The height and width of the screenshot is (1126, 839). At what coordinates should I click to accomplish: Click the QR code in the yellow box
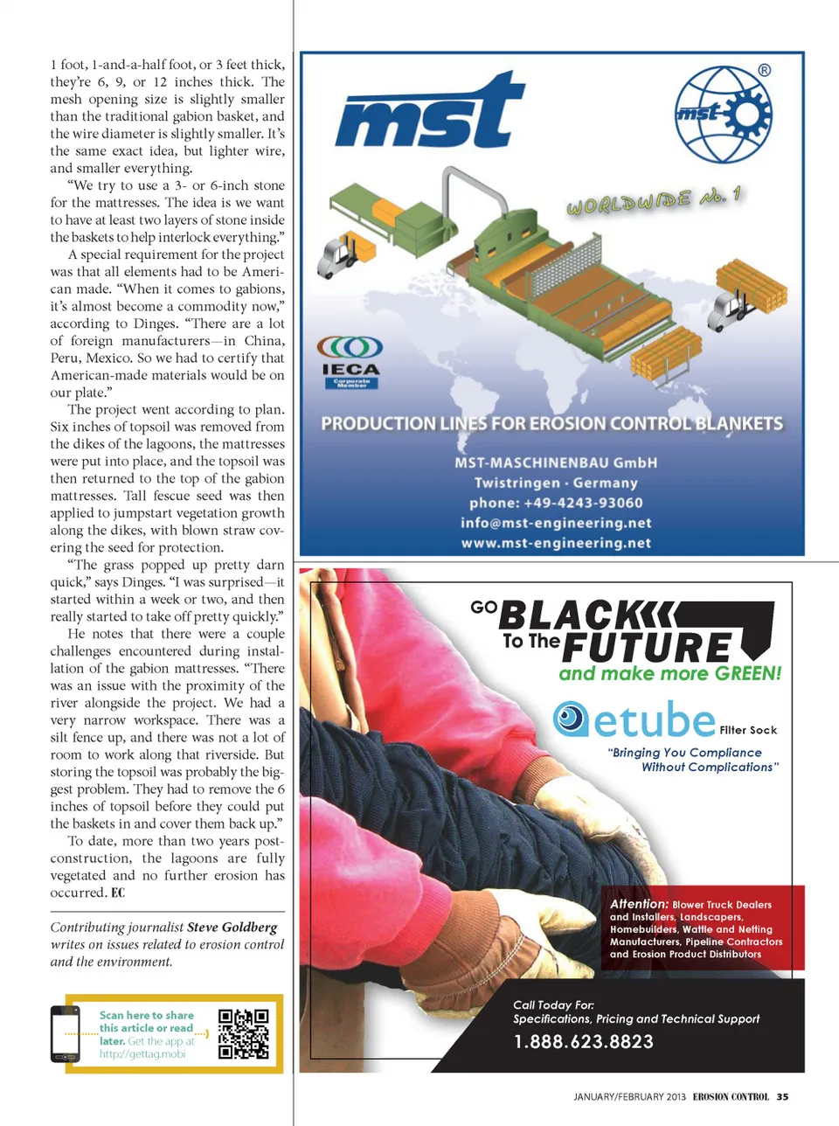243,1033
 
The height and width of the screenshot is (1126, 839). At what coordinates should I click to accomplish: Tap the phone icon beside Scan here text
66,1033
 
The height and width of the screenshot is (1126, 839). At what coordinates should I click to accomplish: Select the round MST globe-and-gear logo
723,114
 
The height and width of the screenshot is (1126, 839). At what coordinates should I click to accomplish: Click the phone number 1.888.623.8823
583,1041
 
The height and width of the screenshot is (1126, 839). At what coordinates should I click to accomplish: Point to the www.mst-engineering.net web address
556,543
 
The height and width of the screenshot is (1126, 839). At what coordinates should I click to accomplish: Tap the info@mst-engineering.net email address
556,523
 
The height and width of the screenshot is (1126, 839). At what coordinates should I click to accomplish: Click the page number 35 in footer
782,1096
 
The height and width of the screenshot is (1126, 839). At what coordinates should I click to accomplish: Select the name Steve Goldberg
232,927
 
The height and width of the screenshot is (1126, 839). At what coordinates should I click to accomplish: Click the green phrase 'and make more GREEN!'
670,673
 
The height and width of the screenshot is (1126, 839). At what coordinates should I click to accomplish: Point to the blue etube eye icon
571,719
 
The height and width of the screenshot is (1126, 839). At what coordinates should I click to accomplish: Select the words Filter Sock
748,730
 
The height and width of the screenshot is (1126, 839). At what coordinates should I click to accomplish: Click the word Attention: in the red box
639,904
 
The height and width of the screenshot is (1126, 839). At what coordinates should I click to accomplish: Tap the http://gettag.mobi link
142,1054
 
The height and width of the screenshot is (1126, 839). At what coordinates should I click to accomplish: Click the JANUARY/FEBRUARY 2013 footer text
629,1096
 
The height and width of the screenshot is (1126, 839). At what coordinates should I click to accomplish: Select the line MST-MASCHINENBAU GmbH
556,462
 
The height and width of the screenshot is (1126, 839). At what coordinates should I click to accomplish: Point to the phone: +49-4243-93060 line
556,503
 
